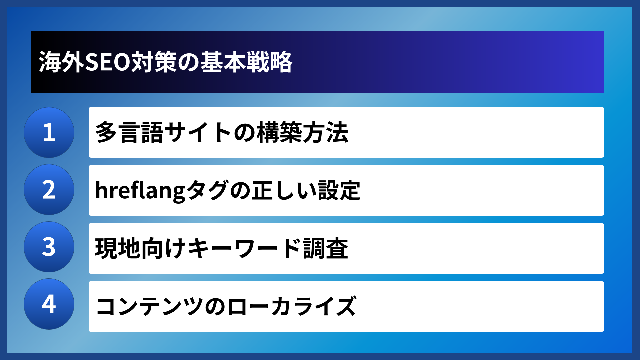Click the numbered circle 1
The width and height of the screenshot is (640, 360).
coord(49,132)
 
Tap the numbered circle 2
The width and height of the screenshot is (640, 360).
coord(49,190)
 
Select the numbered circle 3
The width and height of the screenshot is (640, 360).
coord(49,247)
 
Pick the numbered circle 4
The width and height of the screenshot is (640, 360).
coord(49,304)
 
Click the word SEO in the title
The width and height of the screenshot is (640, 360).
coord(108,62)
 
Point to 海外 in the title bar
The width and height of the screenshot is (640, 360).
coord(62,62)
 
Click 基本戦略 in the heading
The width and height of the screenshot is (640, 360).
coord(246,62)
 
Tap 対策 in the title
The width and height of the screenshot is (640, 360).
coord(154,62)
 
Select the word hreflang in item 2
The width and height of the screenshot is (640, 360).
coord(140,190)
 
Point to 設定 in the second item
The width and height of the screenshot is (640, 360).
coord(339,190)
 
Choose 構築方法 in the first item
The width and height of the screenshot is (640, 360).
coord(303,132)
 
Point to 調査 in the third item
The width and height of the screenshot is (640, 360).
coord(326,248)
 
